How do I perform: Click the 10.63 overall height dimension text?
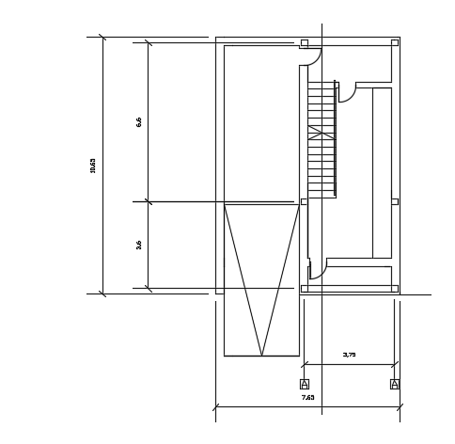click(x=93, y=165)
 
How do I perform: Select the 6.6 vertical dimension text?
click(x=139, y=121)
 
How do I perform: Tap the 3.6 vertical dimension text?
click(x=139, y=245)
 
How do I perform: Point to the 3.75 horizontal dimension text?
click(x=349, y=355)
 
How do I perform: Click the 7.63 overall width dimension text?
click(x=307, y=397)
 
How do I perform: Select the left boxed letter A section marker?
click(x=304, y=384)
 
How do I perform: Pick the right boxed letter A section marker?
click(x=394, y=384)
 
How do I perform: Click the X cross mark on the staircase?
click(x=321, y=133)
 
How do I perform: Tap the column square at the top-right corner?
click(x=394, y=42)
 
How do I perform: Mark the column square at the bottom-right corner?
click(x=394, y=289)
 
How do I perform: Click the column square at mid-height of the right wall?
click(x=394, y=201)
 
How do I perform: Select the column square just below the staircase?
click(x=304, y=201)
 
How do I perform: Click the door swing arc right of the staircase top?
click(x=349, y=95)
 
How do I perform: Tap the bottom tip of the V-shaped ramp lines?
click(x=261, y=355)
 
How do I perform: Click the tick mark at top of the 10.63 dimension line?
click(x=102, y=38)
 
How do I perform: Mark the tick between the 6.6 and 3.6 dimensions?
click(x=148, y=201)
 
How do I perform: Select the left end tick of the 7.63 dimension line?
click(x=215, y=407)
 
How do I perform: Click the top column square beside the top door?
click(x=304, y=42)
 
